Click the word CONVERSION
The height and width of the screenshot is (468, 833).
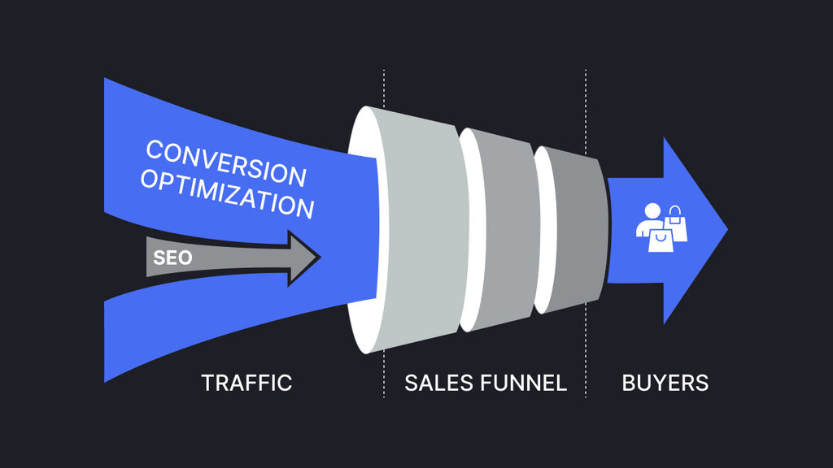[x=226, y=162]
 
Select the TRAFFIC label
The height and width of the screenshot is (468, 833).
[x=246, y=383]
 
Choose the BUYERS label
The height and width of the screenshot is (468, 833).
[x=665, y=383]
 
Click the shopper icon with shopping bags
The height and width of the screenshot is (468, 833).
[x=660, y=228]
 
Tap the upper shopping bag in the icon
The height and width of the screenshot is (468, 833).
[x=676, y=223]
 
